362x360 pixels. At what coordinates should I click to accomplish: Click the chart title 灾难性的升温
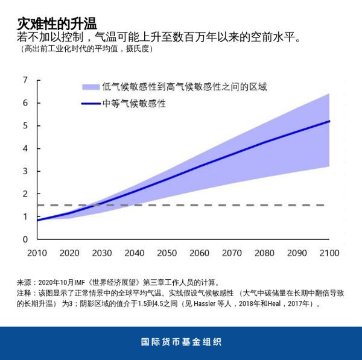57,24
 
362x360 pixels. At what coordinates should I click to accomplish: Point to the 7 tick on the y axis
25,80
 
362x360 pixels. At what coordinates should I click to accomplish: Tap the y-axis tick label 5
25,125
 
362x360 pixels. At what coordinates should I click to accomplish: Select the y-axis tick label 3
25,171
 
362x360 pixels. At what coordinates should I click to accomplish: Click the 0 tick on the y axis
25,239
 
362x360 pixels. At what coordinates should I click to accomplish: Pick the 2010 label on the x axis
37,253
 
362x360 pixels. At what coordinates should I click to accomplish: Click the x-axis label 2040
134,253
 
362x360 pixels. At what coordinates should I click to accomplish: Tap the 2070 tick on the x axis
232,253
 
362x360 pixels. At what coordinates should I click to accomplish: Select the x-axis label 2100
329,253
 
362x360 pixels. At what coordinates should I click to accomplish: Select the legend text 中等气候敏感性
134,104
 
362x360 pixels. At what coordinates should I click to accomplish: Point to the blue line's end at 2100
329,121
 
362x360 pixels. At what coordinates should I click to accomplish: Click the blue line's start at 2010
37,220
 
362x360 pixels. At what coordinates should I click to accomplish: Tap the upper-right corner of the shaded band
329,94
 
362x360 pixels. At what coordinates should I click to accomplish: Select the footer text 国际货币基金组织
181,342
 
